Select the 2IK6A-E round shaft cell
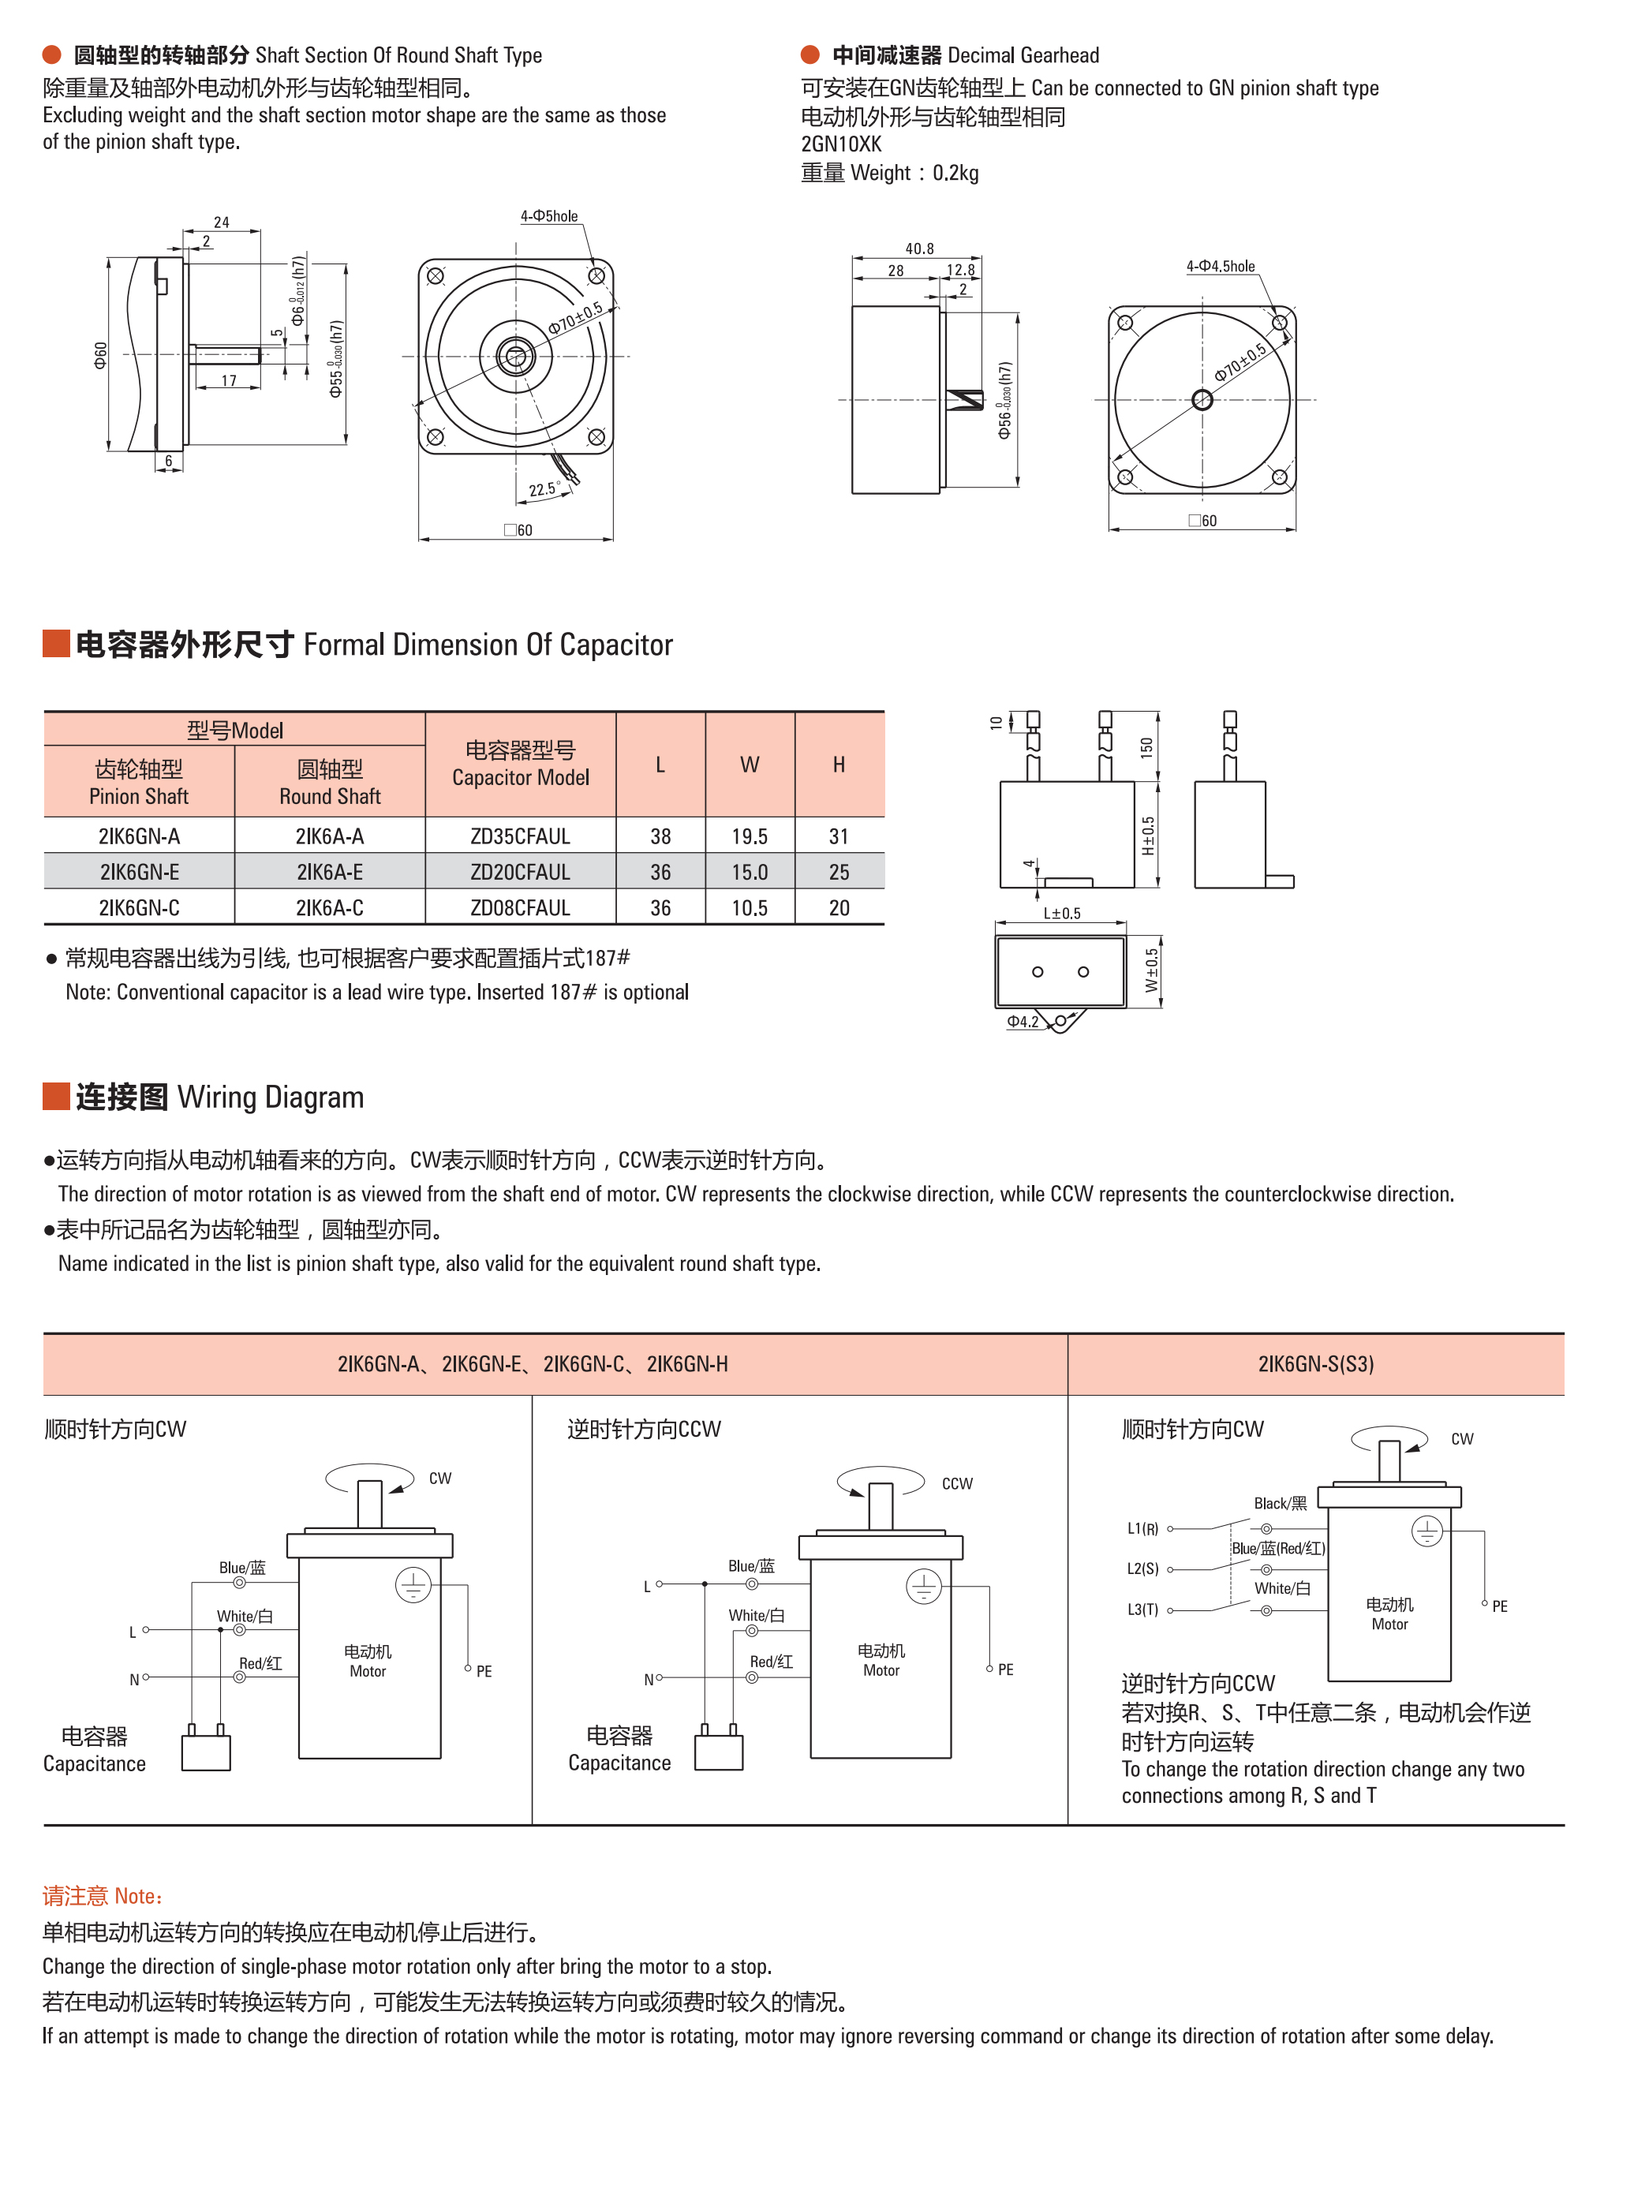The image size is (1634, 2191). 329,872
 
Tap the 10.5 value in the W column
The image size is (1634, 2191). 749,907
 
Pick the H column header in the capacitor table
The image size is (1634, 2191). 838,765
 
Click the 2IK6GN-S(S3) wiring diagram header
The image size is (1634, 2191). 1314,1364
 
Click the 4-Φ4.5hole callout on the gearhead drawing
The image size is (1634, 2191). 1220,266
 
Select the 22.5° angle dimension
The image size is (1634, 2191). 543,490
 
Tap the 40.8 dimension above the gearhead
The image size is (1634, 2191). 919,249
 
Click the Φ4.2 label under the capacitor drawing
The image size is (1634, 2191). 1022,1022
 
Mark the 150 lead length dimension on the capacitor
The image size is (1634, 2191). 1146,747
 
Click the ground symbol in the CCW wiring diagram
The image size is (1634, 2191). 923,1587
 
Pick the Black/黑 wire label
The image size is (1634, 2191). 1280,1504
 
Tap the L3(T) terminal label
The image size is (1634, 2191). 1142,1610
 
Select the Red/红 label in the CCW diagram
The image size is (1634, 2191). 771,1662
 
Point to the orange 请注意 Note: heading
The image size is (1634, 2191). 102,1896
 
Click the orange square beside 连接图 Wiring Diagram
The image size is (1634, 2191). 55,1096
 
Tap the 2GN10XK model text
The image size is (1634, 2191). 841,144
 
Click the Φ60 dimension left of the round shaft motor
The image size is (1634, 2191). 100,355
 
